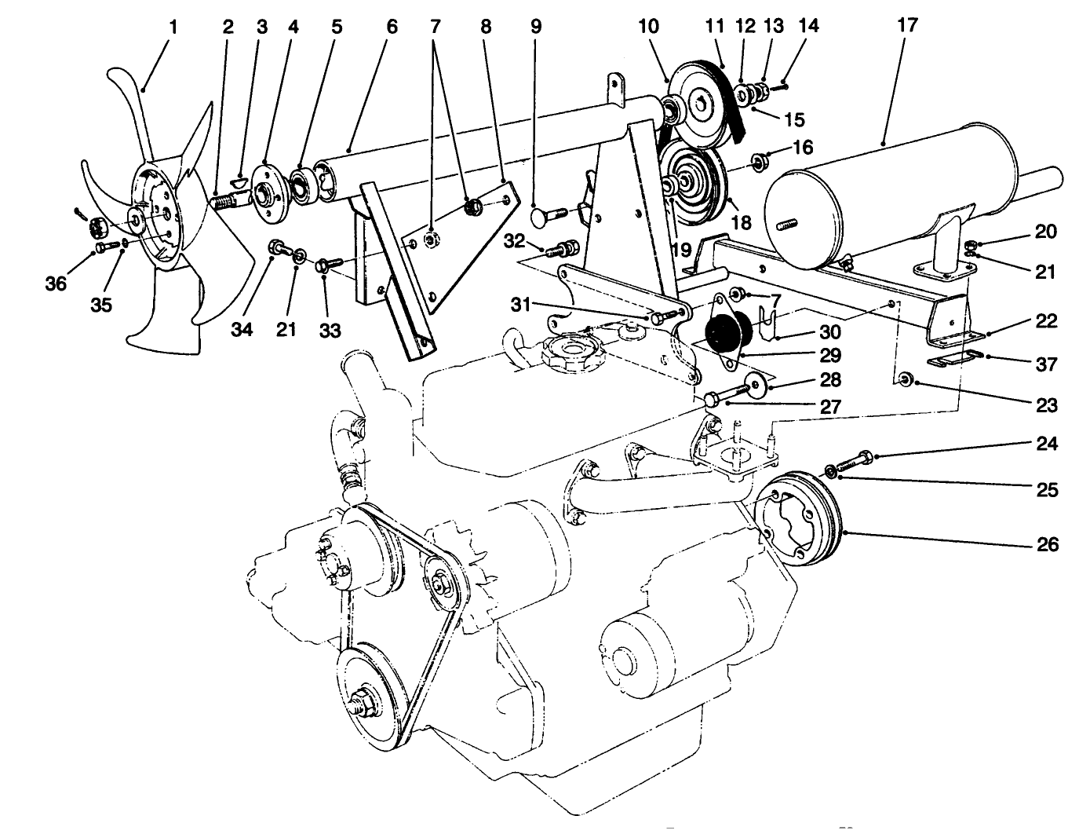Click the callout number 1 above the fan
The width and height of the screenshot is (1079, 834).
173,27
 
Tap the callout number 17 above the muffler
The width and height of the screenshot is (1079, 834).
907,25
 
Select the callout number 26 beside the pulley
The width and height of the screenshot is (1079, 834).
1048,544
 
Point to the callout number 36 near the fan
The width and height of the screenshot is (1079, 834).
55,283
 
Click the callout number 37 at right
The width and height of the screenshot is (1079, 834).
1047,364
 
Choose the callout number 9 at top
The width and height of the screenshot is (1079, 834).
536,27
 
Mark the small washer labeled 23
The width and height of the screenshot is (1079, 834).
904,381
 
